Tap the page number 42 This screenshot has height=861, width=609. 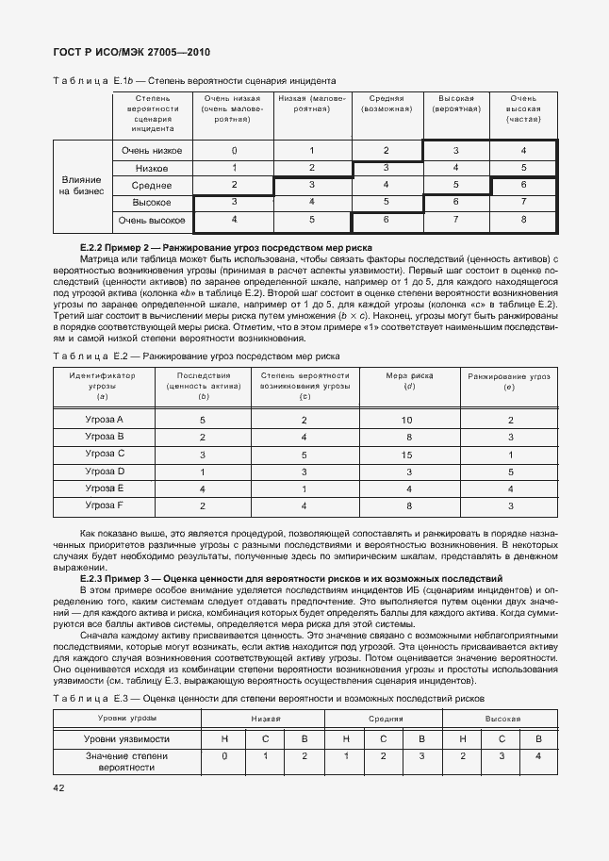pyautogui.click(x=58, y=787)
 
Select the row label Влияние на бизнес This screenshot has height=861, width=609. pyautogui.click(x=82, y=186)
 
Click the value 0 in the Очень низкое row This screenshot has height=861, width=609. pyautogui.click(x=234, y=151)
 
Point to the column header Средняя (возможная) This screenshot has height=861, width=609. pyautogui.click(x=387, y=104)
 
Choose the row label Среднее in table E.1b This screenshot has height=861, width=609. pyautogui.click(x=152, y=186)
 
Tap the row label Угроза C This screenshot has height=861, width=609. pyautogui.click(x=105, y=454)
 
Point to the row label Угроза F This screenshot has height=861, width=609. pyautogui.click(x=105, y=505)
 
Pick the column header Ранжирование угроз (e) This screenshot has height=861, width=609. pyautogui.click(x=509, y=381)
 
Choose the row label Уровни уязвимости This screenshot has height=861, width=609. pyautogui.click(x=127, y=739)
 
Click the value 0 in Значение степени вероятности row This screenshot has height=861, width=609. pyautogui.click(x=224, y=756)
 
